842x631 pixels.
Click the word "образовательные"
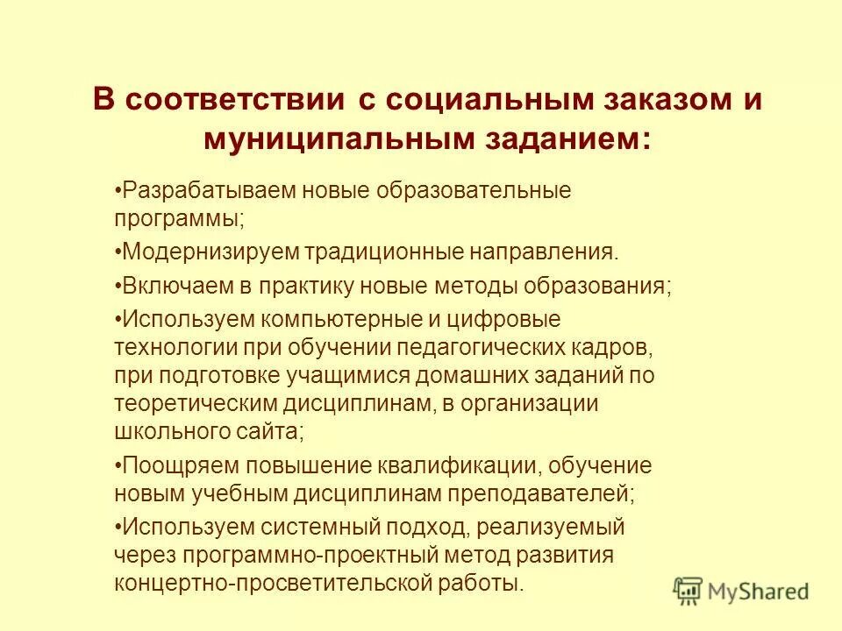click(x=470, y=190)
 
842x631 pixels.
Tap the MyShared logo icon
click(x=688, y=590)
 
